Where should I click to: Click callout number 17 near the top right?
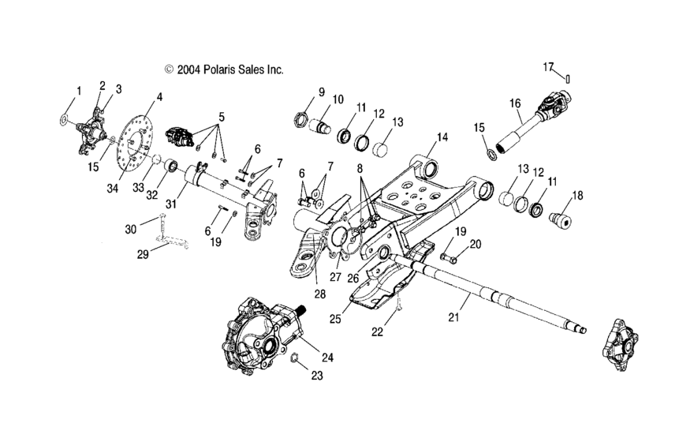(x=548, y=67)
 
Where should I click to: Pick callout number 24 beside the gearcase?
(x=327, y=357)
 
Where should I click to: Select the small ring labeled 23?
(x=292, y=361)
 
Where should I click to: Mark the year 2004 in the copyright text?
(x=189, y=69)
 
